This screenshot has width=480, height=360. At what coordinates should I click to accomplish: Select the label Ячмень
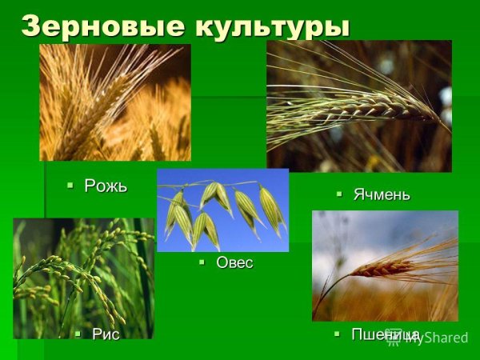tap(382, 194)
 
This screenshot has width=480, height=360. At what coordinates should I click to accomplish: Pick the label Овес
tap(234, 262)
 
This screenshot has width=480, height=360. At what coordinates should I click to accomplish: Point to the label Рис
tap(105, 334)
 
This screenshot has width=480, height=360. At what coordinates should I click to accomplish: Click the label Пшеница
tap(386, 334)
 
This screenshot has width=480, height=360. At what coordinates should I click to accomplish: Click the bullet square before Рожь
tap(71, 186)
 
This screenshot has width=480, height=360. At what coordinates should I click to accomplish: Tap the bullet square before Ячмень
tap(339, 194)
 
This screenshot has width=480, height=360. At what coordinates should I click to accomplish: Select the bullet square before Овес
tap(202, 262)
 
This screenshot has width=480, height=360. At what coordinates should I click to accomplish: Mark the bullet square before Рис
tap(78, 334)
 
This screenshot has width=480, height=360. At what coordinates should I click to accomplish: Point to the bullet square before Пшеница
tap(338, 334)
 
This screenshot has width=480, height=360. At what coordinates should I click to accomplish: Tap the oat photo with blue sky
tap(222, 210)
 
